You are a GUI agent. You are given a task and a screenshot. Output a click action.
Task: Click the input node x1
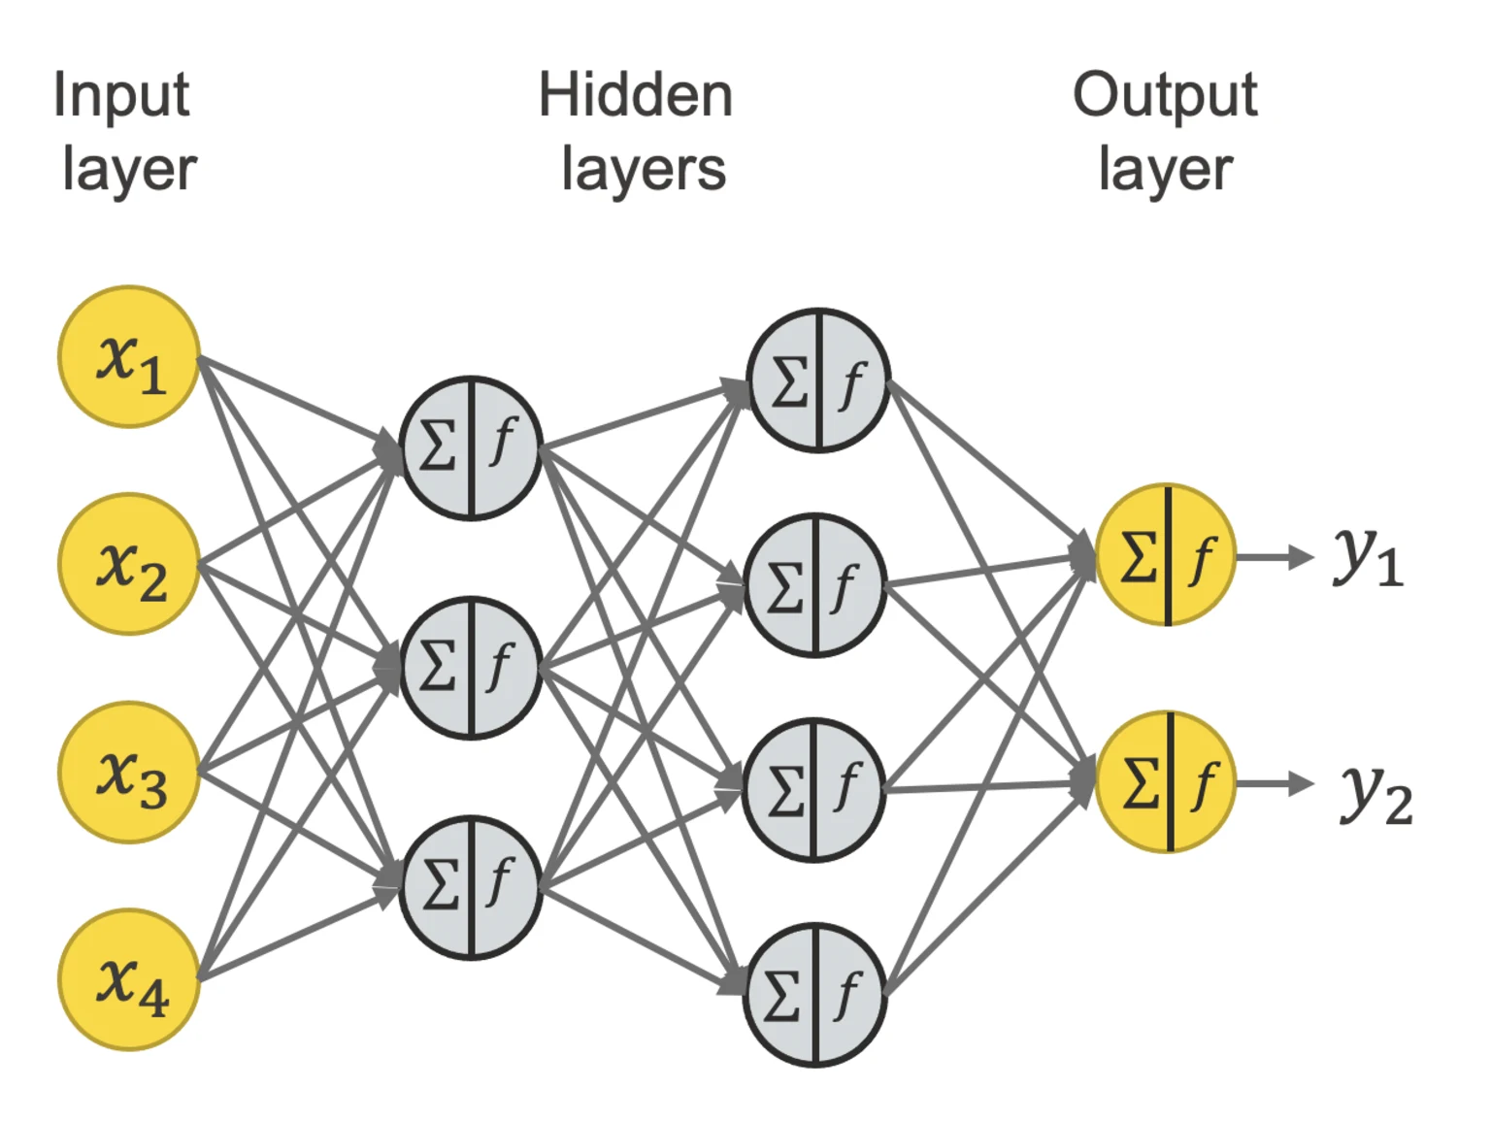(129, 357)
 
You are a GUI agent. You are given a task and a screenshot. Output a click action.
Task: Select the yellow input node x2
(129, 564)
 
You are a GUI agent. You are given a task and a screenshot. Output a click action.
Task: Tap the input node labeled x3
(129, 773)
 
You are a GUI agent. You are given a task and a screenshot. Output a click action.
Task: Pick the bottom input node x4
(129, 979)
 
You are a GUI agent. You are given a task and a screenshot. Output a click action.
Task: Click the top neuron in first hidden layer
(471, 448)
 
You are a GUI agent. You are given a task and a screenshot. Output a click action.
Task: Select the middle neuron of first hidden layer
(471, 668)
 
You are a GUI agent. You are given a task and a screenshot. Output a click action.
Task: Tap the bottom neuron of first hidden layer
(471, 887)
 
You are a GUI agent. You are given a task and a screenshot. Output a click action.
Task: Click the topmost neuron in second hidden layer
(818, 380)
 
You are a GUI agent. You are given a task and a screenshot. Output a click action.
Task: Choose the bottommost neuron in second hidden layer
(814, 995)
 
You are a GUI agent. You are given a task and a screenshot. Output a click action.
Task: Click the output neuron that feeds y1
(1166, 555)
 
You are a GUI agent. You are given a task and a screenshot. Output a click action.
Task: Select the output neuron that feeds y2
(1166, 782)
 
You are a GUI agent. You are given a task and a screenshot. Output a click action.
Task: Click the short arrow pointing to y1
(1275, 557)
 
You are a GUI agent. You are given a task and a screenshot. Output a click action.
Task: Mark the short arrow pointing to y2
(1275, 784)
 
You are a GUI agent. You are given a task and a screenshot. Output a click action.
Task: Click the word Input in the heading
(121, 95)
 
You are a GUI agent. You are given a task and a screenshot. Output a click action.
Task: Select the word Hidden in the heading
(636, 95)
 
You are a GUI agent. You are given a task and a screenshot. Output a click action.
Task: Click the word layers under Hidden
(644, 170)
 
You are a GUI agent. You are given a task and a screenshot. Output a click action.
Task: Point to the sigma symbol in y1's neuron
(1138, 557)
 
